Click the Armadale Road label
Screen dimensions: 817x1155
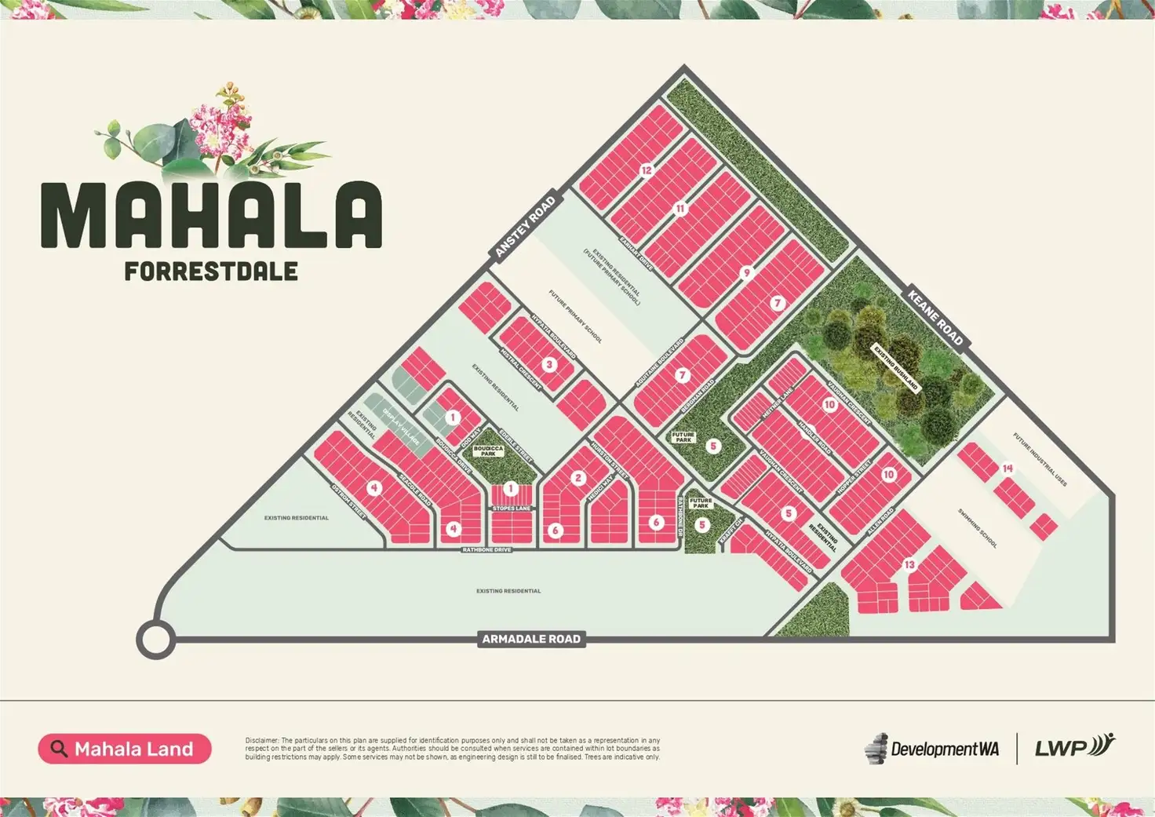tap(531, 639)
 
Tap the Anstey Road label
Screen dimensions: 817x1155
tap(526, 225)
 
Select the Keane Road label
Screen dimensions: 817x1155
tap(935, 317)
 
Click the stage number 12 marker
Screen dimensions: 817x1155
tap(647, 170)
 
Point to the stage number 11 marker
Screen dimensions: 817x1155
tap(680, 209)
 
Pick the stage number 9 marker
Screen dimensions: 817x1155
tap(746, 273)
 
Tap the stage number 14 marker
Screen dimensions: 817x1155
tap(1007, 469)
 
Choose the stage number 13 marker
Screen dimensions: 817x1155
tap(909, 564)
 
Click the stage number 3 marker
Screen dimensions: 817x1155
tap(549, 364)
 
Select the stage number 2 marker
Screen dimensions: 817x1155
tap(579, 478)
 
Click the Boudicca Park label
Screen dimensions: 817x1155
tap(488, 451)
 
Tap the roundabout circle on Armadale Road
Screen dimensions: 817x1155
tap(155, 639)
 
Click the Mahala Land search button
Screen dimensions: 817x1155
tap(124, 749)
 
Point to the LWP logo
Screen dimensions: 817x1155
tap(1073, 746)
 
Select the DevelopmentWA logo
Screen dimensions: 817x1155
tap(932, 749)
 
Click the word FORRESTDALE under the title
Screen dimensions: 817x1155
tap(211, 272)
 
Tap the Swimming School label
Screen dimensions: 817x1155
tap(977, 528)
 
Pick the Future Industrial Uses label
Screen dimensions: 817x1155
tap(1040, 460)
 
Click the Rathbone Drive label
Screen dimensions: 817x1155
tap(486, 550)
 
